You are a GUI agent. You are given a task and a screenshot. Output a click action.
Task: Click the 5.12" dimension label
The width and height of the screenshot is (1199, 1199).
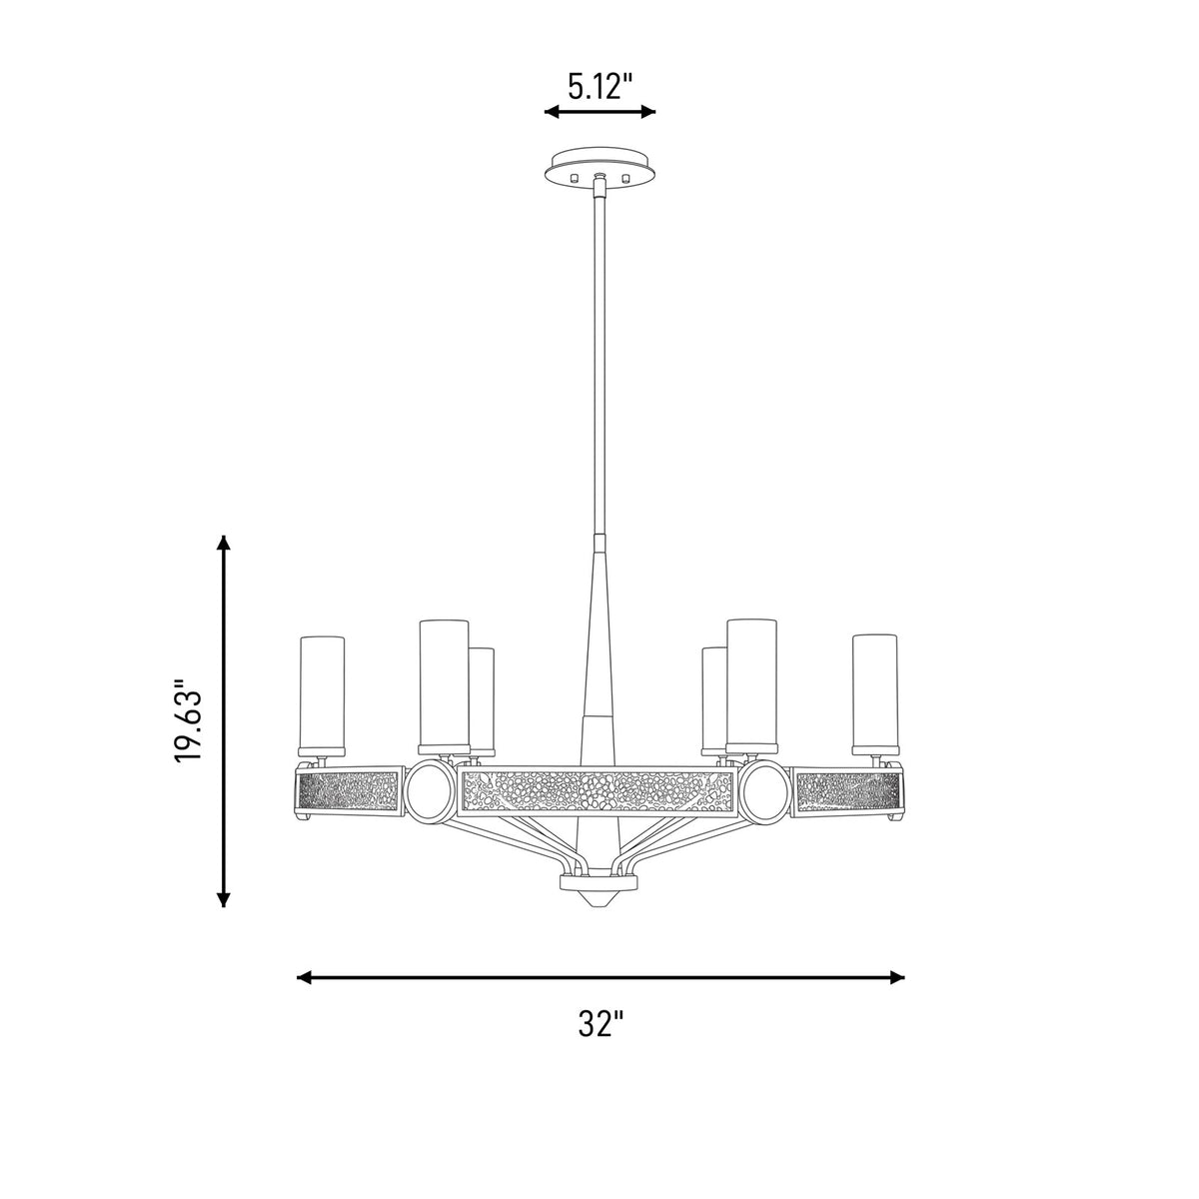pos(599,87)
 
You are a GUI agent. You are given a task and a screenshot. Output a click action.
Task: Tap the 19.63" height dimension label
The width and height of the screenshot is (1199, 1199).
pos(189,721)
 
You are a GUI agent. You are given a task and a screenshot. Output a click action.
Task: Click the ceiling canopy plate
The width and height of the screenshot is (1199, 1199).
pos(599,166)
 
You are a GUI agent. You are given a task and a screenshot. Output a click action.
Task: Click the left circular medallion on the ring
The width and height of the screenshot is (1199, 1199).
pos(431,791)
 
